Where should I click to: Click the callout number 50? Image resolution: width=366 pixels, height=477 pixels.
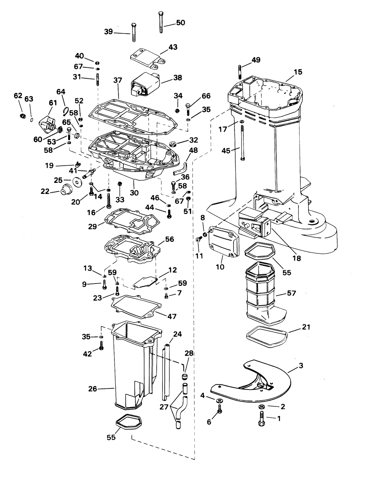point(180,23)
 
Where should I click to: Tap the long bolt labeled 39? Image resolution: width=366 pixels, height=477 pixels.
point(134,32)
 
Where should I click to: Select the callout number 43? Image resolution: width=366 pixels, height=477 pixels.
point(173,47)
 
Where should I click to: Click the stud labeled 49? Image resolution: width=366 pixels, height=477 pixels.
point(239,72)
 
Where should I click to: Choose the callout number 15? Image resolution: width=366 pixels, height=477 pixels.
point(298,72)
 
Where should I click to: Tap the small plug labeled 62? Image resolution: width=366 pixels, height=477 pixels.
point(23,116)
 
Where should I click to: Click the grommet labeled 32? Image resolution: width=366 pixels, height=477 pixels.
point(173,144)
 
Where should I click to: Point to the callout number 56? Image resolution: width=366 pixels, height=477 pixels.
point(169,239)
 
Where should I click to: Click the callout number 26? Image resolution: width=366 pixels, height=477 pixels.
point(93,389)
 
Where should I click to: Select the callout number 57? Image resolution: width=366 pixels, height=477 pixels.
point(291,293)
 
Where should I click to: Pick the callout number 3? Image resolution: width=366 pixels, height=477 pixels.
point(301,365)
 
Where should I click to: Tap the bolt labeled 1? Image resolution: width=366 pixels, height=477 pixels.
point(262,418)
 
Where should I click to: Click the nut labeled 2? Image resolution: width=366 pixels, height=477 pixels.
point(261,406)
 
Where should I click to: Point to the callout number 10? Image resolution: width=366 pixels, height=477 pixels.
point(220,267)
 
